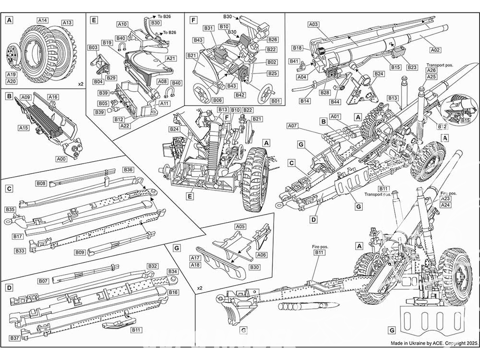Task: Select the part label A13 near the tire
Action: [67, 23]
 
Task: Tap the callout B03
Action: [93, 48]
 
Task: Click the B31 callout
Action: [208, 28]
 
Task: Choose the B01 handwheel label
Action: [276, 101]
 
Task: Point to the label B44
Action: [335, 102]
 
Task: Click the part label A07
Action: [293, 126]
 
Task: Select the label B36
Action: [128, 170]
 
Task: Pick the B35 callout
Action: [11, 210]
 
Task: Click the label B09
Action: [80, 252]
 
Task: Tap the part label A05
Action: [240, 227]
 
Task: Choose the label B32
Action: [153, 266]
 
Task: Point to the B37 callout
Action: [15, 338]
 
